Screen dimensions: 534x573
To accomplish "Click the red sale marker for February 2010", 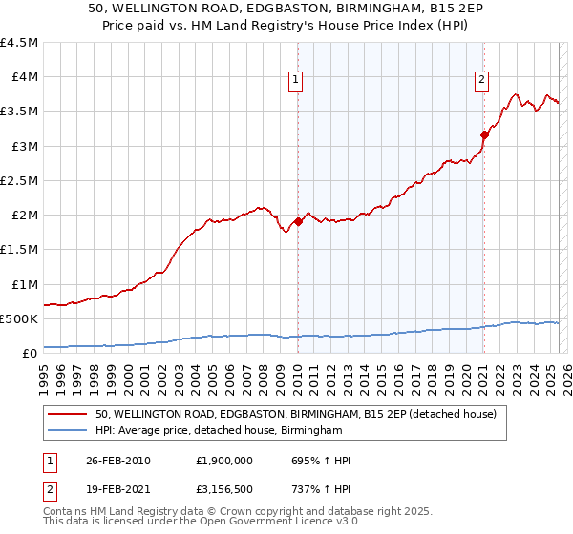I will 298,221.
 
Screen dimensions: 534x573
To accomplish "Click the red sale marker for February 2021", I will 484,135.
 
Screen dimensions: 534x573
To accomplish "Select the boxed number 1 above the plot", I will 297,80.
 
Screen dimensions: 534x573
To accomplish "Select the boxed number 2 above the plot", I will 482,80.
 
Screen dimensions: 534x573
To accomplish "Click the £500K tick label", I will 19,318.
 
